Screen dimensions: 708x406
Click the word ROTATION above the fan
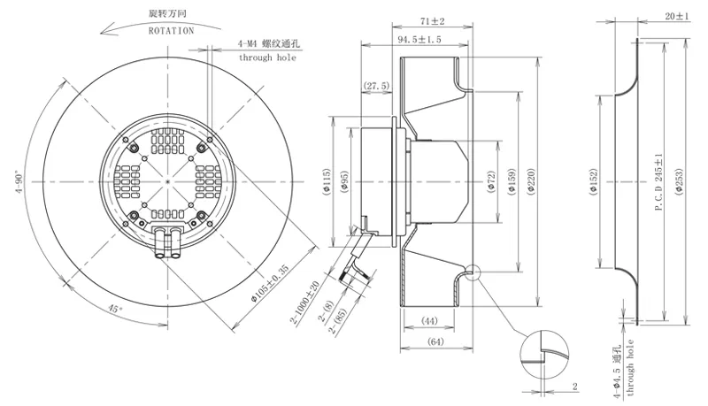pos(171,31)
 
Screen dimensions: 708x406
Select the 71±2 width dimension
pos(432,21)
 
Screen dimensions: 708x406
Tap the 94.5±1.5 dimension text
pos(419,40)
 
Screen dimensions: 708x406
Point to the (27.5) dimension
pos(376,86)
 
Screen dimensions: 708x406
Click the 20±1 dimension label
pos(677,16)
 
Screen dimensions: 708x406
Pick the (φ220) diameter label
pos(531,181)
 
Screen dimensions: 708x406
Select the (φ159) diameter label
pos(512,182)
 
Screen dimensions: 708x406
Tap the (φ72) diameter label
pos(492,182)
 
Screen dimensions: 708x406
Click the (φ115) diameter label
pos(327,182)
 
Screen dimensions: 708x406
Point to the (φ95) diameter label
pos(344,182)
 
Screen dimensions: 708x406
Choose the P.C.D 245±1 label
pos(658,182)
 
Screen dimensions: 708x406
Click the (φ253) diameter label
pos(680,182)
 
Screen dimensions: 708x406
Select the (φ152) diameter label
pos(593,182)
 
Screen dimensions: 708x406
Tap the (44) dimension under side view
pos(429,321)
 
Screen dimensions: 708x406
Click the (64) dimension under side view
pos(435,342)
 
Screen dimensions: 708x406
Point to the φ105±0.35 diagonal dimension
pos(270,283)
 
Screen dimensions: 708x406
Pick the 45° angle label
pos(115,309)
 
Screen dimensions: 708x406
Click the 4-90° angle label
pos(19,182)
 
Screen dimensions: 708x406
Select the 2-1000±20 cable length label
pos(304,303)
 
